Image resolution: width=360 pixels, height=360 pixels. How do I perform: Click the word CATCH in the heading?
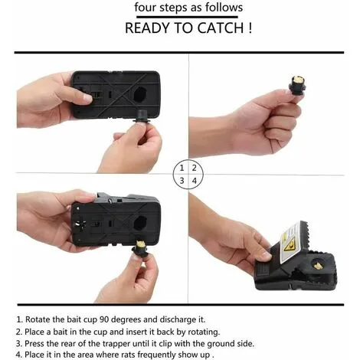coord(221,28)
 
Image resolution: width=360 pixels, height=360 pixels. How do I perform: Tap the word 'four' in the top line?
coord(146,7)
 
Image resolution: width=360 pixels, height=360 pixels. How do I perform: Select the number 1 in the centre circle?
coord(182,168)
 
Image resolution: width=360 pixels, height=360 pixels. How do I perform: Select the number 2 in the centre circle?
coord(195,168)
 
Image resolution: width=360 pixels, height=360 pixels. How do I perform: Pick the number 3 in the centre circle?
coord(182,181)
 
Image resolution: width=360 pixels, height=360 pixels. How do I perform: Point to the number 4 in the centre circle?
coord(195,181)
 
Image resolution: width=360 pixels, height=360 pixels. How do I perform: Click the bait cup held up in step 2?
coord(297,86)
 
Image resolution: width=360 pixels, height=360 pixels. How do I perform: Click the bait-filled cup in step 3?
coord(140,247)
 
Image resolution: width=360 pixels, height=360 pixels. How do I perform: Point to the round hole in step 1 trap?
coord(140,94)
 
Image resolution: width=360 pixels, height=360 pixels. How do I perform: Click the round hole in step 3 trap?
coord(140,223)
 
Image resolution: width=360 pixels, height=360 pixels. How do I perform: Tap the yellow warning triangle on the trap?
coord(290,246)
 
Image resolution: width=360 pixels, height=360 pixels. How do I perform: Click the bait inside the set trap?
coord(317,267)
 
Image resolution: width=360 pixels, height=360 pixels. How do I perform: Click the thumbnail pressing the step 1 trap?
coord(87,98)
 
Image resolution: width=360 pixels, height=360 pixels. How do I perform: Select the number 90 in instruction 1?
coord(104,319)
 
